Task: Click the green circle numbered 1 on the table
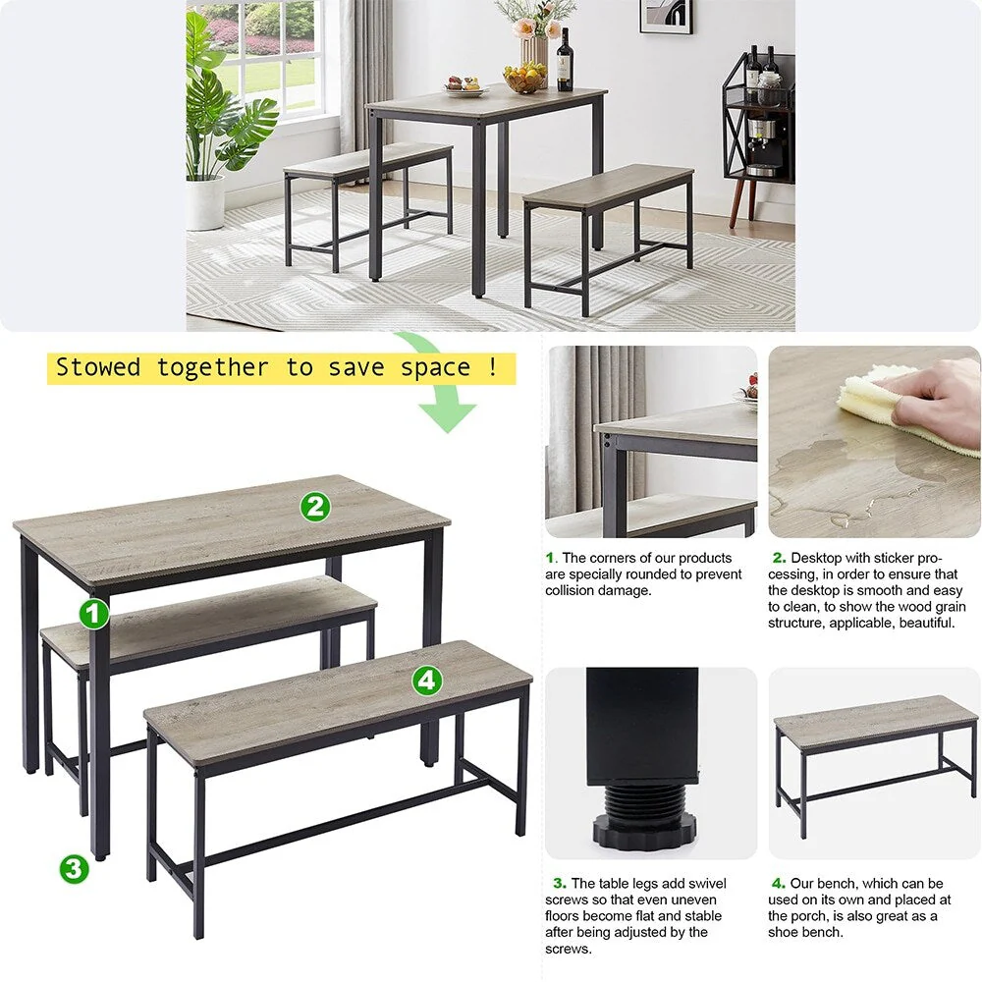[93, 615]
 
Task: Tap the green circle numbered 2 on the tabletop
[315, 507]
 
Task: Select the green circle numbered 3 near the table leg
[74, 868]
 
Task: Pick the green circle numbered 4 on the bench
[426, 680]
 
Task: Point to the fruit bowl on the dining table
[524, 79]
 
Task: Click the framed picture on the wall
[666, 16]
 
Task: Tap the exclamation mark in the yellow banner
[492, 368]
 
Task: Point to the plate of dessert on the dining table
[465, 87]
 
